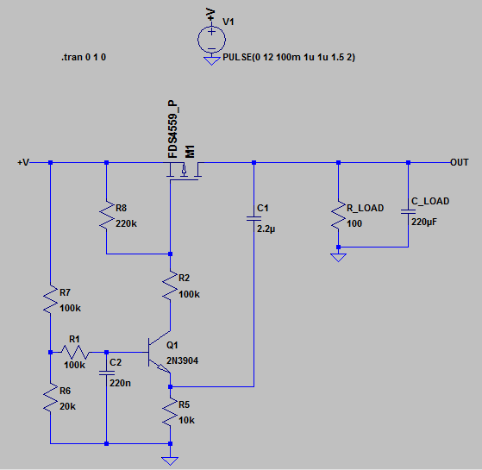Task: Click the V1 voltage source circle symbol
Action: click(212, 39)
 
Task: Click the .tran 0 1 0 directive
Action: click(85, 58)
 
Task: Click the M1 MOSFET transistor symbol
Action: click(184, 172)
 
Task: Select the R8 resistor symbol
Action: click(106, 216)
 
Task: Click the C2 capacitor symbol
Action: click(106, 373)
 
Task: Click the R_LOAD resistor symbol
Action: click(338, 216)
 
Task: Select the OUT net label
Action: click(460, 162)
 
